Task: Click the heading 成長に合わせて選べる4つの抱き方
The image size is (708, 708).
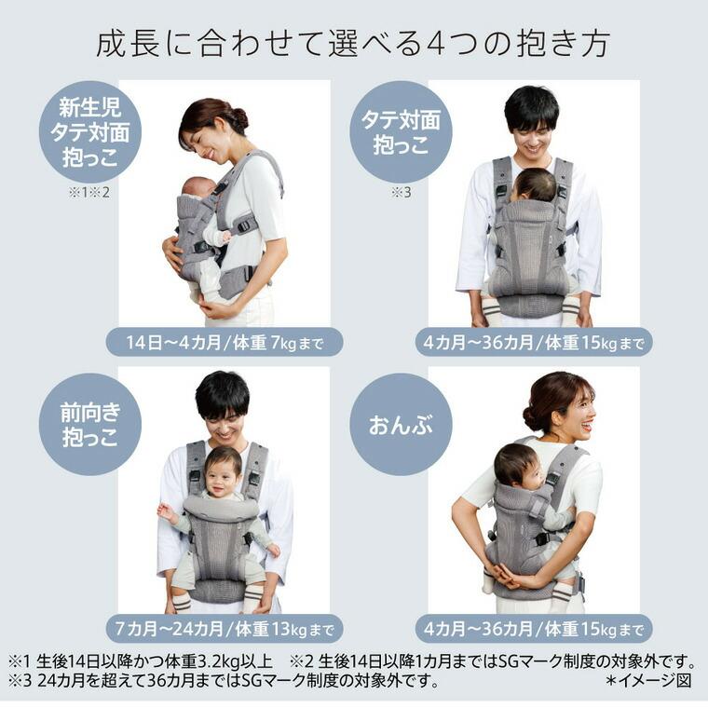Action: pyautogui.click(x=353, y=44)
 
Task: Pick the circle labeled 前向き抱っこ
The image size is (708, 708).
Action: pyautogui.click(x=89, y=425)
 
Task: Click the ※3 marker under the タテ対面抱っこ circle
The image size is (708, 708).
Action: pyautogui.click(x=400, y=194)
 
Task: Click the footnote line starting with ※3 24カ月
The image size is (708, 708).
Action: pyautogui.click(x=224, y=680)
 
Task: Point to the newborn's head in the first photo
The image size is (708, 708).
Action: pyautogui.click(x=198, y=189)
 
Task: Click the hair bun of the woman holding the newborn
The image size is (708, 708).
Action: pyautogui.click(x=240, y=118)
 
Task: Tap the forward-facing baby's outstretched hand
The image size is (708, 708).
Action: pyautogui.click(x=166, y=511)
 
